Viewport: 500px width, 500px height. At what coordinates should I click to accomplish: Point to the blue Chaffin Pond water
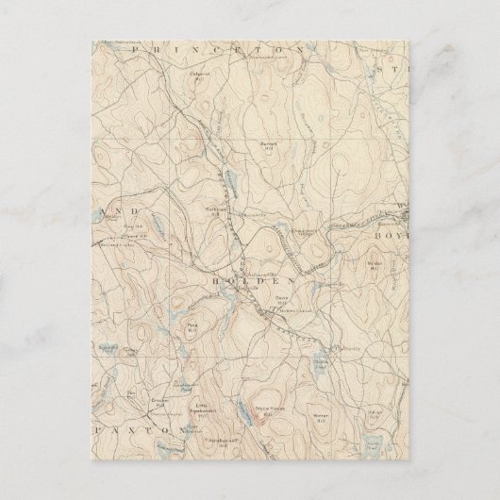321,357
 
